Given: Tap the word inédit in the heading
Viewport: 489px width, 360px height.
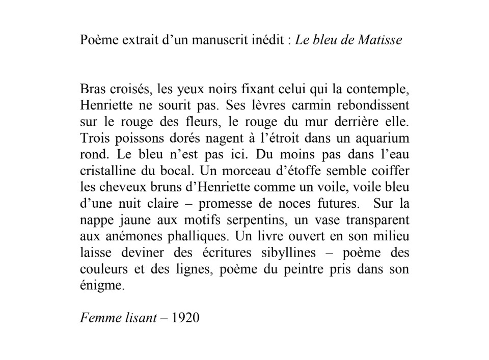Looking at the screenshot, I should (267, 41).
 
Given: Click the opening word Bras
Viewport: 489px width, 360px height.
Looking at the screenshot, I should (92, 90).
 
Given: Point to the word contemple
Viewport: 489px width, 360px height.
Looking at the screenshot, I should (383, 91).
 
